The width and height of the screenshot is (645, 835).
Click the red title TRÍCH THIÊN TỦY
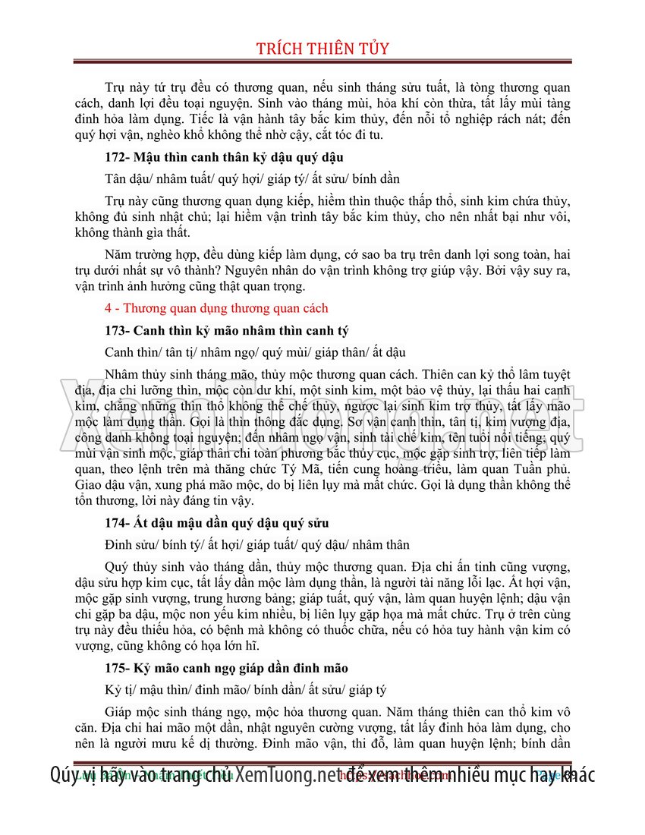(x=322, y=49)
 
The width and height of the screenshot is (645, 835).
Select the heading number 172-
(x=118, y=158)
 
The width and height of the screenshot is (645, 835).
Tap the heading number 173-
(x=118, y=331)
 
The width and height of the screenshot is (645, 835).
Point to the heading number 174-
(x=118, y=523)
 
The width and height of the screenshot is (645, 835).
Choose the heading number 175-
(x=118, y=668)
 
